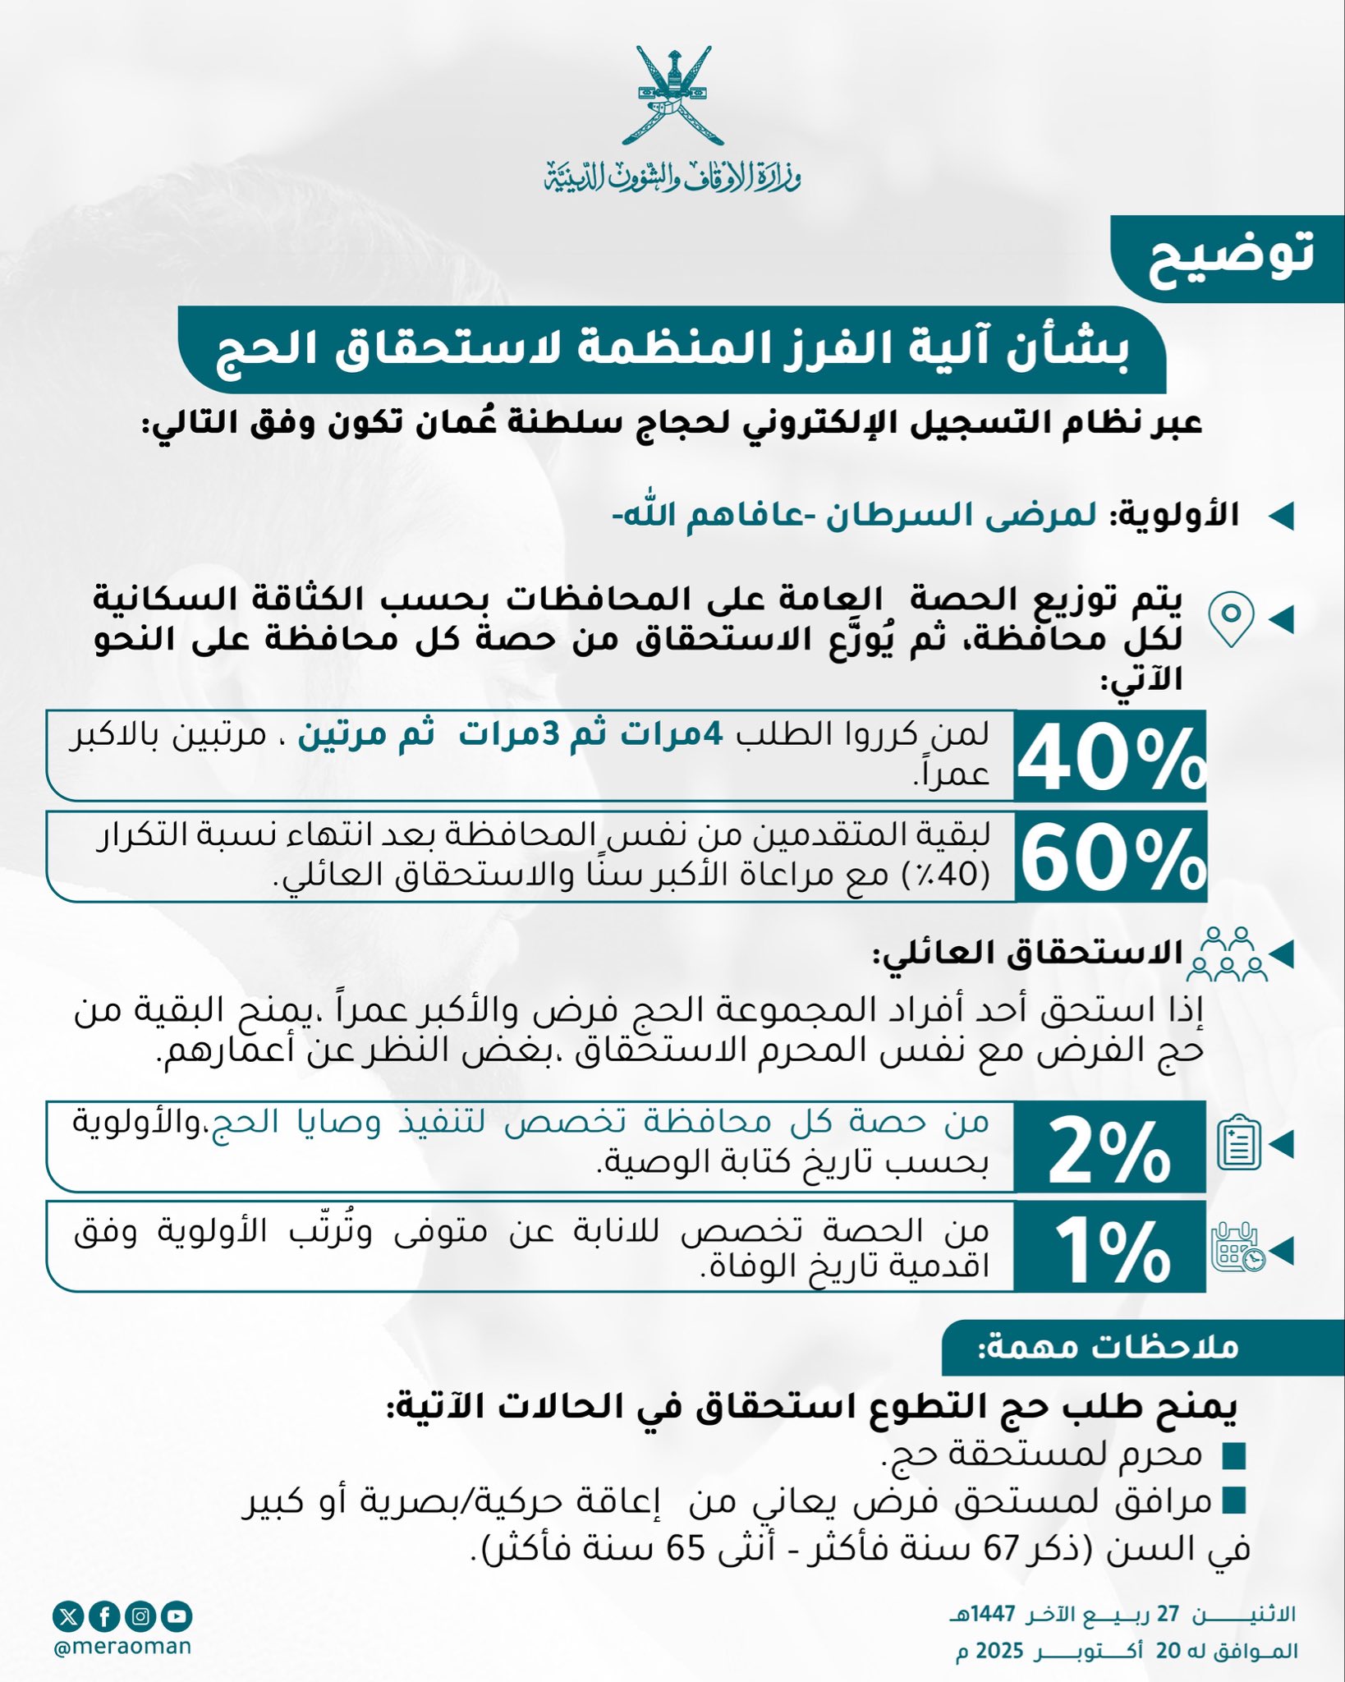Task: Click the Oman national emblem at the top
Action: click(672, 96)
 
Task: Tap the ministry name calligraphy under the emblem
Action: click(672, 174)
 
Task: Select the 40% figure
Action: click(1110, 758)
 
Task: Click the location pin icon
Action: click(1231, 618)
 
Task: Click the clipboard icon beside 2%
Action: click(1238, 1143)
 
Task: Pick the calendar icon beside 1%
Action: click(1238, 1249)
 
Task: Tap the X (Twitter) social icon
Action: click(68, 1617)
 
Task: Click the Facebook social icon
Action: click(105, 1617)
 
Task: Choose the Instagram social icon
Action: click(141, 1617)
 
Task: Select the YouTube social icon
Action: click(177, 1617)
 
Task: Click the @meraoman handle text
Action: click(122, 1647)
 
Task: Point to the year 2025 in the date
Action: click(999, 1652)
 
